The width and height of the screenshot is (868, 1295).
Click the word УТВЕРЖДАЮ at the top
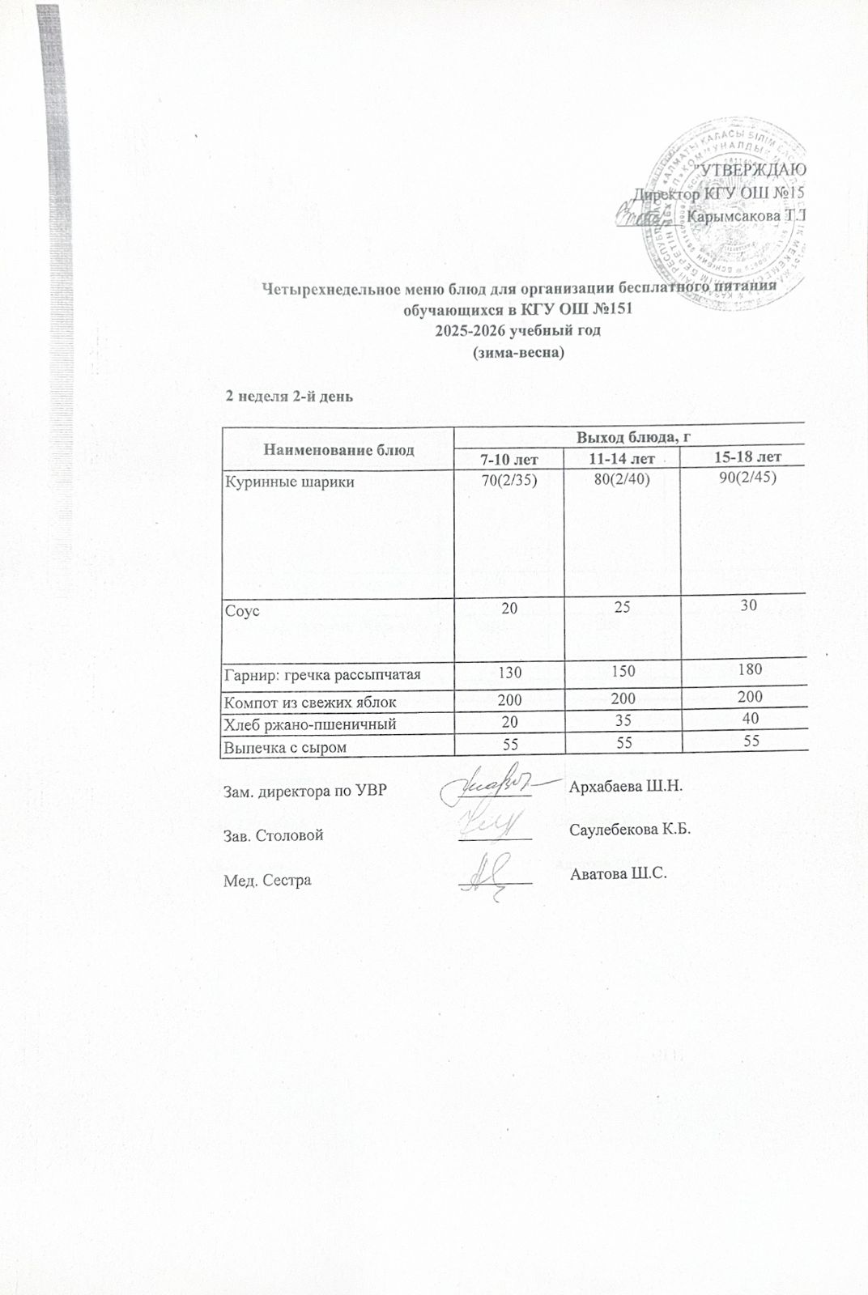tap(753, 170)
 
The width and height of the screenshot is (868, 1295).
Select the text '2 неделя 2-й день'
tap(288, 397)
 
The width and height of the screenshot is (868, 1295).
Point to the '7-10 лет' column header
tap(509, 460)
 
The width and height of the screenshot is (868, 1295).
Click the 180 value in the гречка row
tap(749, 669)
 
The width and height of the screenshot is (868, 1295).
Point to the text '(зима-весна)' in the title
tap(518, 354)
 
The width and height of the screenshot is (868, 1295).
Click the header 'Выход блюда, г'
tap(632, 437)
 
